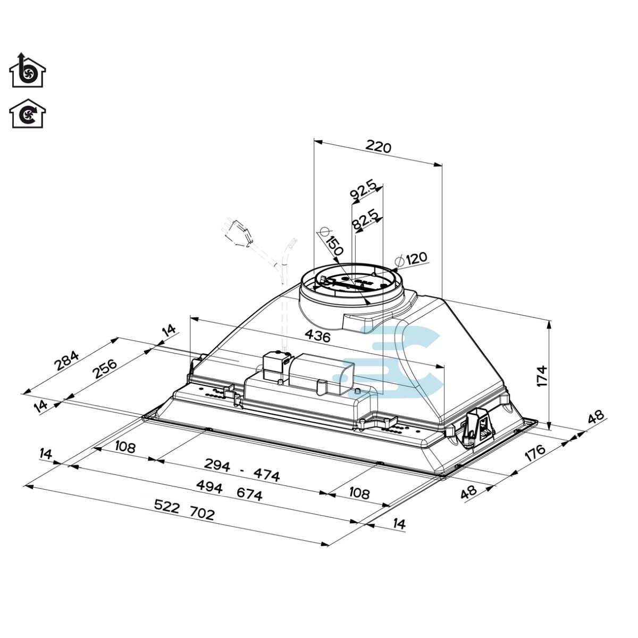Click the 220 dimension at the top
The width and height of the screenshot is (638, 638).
379,147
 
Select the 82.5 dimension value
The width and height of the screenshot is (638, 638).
365,220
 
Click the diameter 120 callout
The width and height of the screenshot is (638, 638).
413,259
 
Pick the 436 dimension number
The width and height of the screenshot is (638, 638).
317,336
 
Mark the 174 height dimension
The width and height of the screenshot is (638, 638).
542,376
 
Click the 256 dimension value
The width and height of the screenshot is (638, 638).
104,368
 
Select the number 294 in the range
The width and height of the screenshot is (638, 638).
217,466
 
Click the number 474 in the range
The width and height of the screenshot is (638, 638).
266,475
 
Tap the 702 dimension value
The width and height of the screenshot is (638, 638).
202,514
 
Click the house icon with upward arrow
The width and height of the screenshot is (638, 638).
28,70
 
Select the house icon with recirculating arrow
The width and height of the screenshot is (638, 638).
28,114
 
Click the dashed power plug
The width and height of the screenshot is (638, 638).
236,233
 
